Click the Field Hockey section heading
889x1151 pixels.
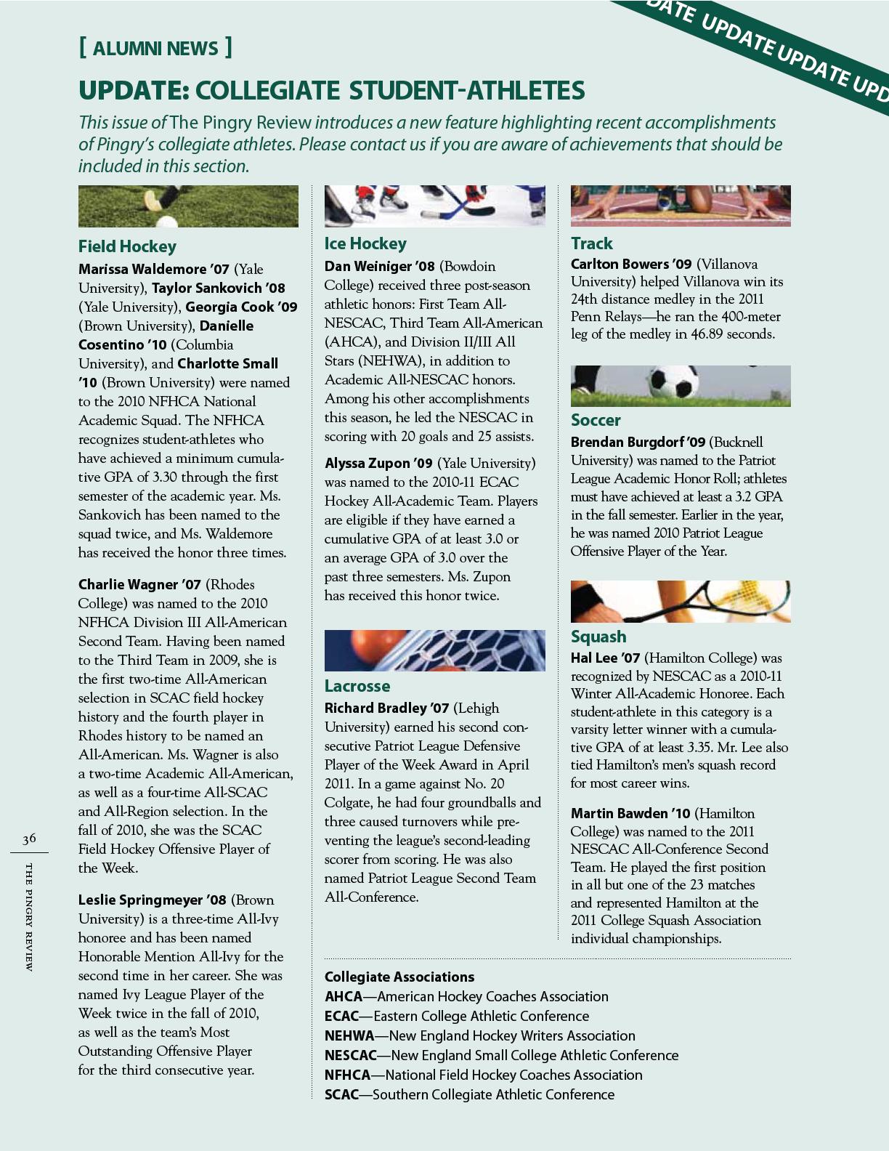pyautogui.click(x=127, y=246)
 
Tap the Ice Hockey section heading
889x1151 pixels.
pyautogui.click(x=365, y=243)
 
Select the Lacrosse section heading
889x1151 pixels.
pyautogui.click(x=357, y=686)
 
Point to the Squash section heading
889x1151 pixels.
pyautogui.click(x=598, y=637)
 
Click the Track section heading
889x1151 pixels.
pyautogui.click(x=591, y=243)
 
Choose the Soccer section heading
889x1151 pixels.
pyautogui.click(x=596, y=420)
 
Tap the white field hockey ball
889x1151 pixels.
pyautogui.click(x=167, y=222)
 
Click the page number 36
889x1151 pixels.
pyautogui.click(x=29, y=839)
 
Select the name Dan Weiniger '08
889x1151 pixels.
pyautogui.click(x=379, y=267)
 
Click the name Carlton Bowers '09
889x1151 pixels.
pyautogui.click(x=630, y=264)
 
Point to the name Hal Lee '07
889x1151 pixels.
pyautogui.click(x=605, y=658)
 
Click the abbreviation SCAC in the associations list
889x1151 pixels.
pyautogui.click(x=341, y=1094)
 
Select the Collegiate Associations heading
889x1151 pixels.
pyautogui.click(x=399, y=977)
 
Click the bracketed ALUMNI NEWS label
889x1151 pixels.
pyautogui.click(x=155, y=49)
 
